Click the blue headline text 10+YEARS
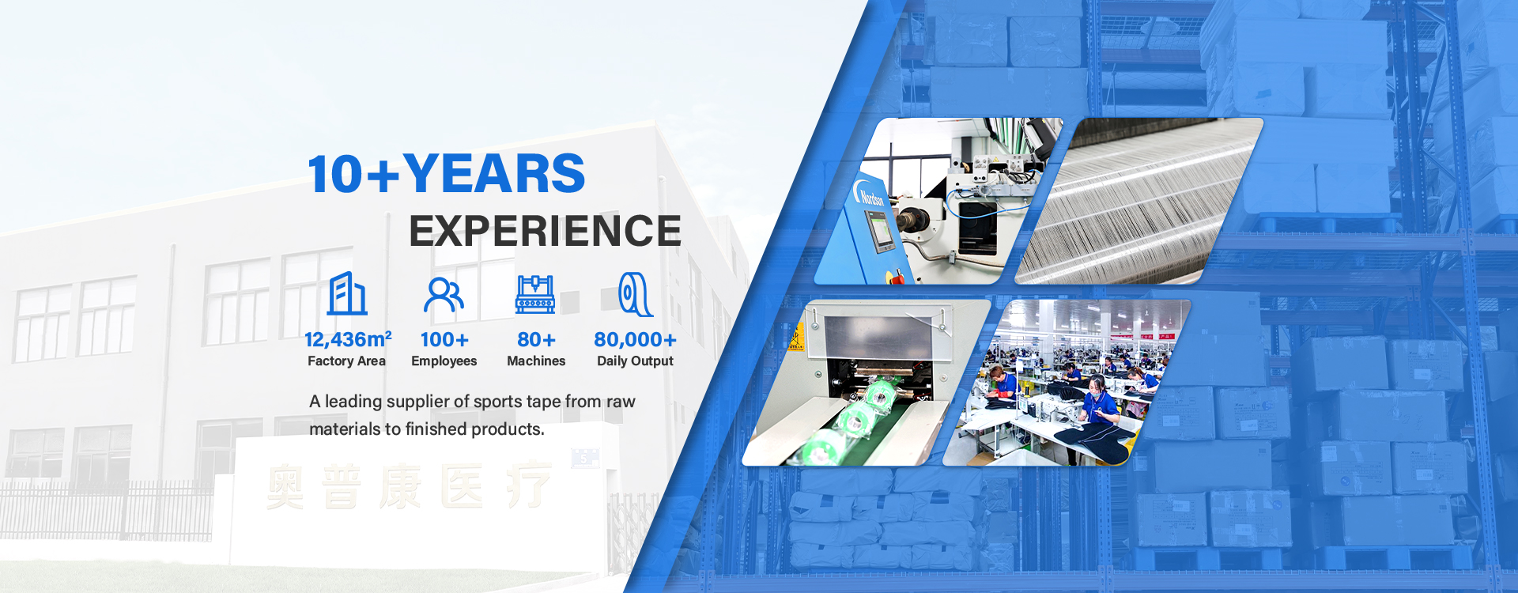click(447, 174)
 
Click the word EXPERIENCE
click(545, 231)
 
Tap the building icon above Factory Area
click(347, 294)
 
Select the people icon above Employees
click(444, 295)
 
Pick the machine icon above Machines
click(535, 294)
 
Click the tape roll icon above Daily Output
click(635, 294)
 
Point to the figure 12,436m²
click(348, 339)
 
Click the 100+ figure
click(444, 340)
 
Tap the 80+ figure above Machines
click(536, 340)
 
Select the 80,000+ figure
click(635, 340)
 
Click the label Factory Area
click(346, 361)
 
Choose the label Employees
click(444, 361)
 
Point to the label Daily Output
click(635, 361)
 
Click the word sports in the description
click(498, 402)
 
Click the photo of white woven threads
click(1138, 202)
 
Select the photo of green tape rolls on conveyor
click(866, 383)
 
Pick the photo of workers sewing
click(1067, 383)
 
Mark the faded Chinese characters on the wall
click(409, 485)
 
